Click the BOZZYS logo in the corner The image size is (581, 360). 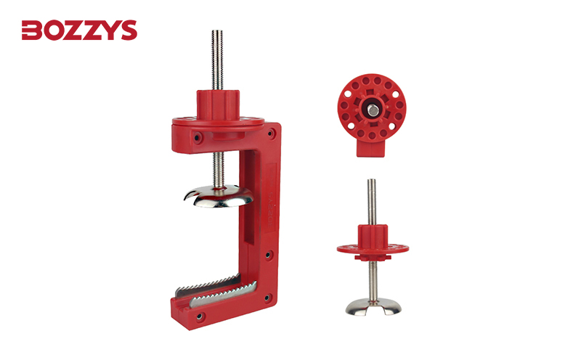(79, 30)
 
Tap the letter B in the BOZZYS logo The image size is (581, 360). (31, 30)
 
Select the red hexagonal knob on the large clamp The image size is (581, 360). (218, 105)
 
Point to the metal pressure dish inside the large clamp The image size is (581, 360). (219, 196)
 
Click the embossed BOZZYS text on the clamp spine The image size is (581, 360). (269, 208)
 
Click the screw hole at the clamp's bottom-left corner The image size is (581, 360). (200, 316)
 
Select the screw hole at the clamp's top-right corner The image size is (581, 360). (272, 133)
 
